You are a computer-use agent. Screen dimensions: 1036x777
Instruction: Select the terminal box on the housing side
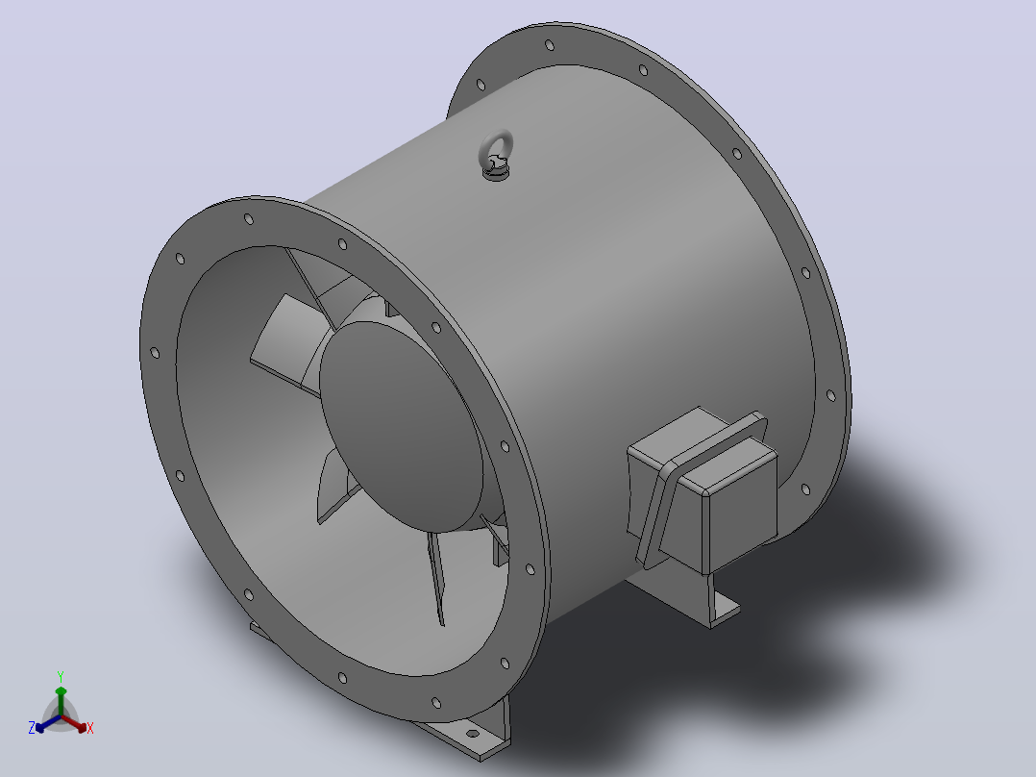point(702,490)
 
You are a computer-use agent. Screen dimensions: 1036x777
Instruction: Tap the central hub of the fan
point(401,426)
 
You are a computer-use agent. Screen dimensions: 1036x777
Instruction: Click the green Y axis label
point(61,676)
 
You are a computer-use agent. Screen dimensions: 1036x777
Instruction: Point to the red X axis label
point(90,728)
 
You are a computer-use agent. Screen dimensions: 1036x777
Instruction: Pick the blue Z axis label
point(31,727)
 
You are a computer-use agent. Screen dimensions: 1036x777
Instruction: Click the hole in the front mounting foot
point(472,734)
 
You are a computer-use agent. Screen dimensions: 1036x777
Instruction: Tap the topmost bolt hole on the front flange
point(248,219)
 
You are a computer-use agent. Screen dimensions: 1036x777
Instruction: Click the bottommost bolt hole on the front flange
point(435,702)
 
